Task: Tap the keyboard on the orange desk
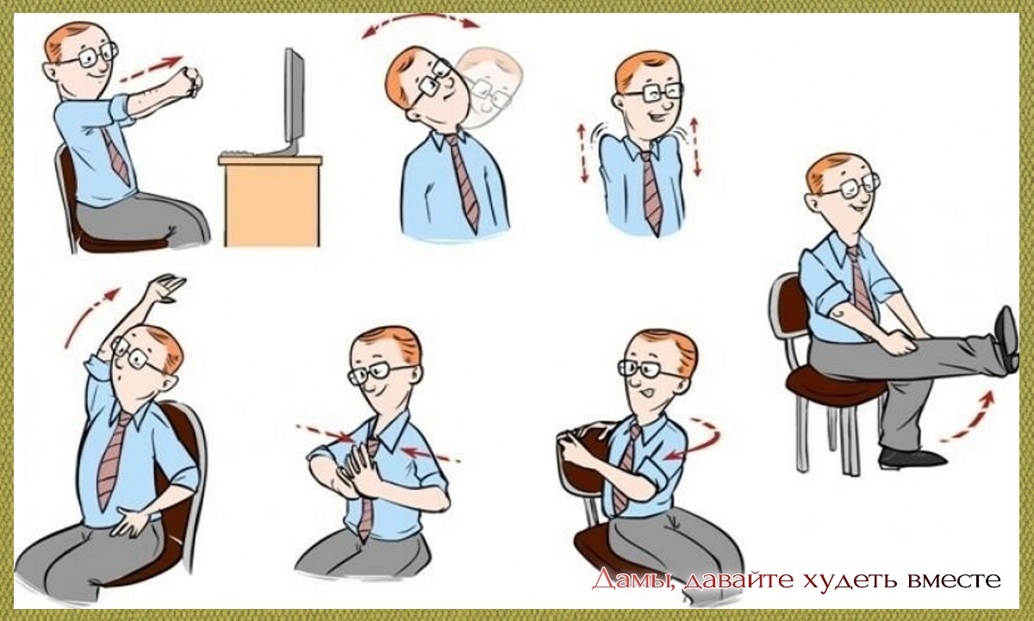tap(241, 153)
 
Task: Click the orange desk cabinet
tap(271, 201)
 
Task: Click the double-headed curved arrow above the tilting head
tap(420, 22)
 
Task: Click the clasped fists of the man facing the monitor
tap(191, 82)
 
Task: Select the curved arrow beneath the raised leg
tap(969, 417)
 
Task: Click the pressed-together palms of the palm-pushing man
tap(355, 467)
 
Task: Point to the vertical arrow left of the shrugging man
tap(583, 153)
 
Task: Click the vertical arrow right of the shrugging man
tap(695, 147)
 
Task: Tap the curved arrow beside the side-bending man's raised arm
tap(89, 315)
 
